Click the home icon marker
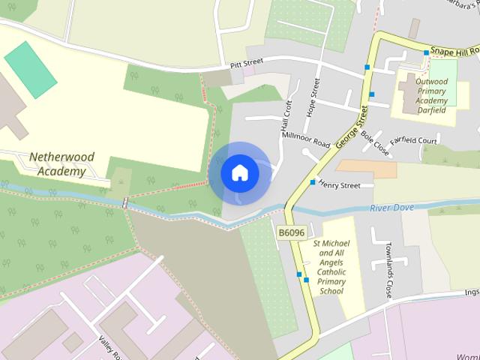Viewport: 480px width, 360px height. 240,173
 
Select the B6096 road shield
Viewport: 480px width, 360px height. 291,233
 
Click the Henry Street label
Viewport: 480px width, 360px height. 339,184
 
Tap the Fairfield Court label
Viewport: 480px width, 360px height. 413,140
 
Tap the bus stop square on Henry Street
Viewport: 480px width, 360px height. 313,182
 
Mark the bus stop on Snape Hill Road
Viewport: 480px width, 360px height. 426,52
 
